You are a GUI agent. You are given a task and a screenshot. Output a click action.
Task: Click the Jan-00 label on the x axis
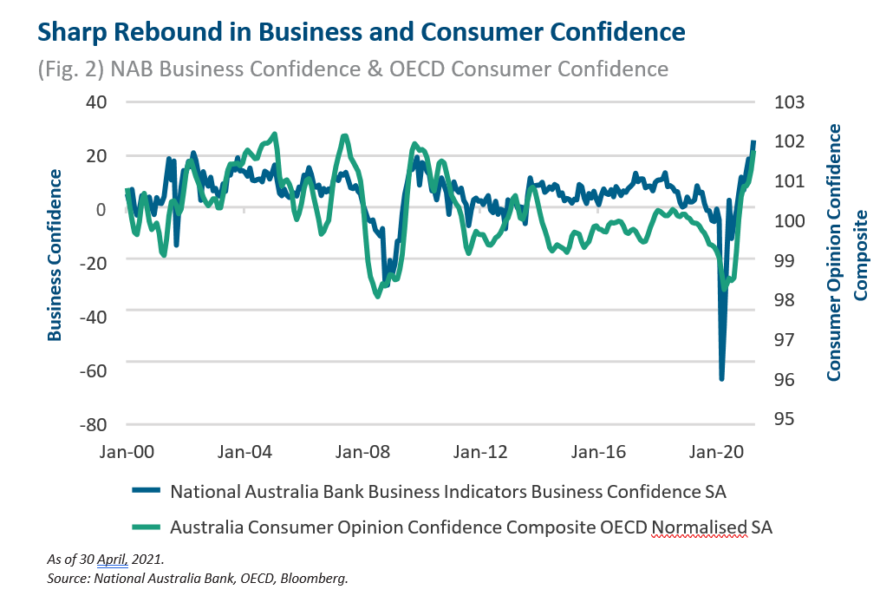127,452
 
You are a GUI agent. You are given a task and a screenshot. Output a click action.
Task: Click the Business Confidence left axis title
55,254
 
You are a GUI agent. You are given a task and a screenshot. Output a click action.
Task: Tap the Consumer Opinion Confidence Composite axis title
846,252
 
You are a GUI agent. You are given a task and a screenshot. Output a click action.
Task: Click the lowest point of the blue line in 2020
721,378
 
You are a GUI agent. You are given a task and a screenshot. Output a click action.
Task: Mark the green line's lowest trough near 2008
378,297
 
